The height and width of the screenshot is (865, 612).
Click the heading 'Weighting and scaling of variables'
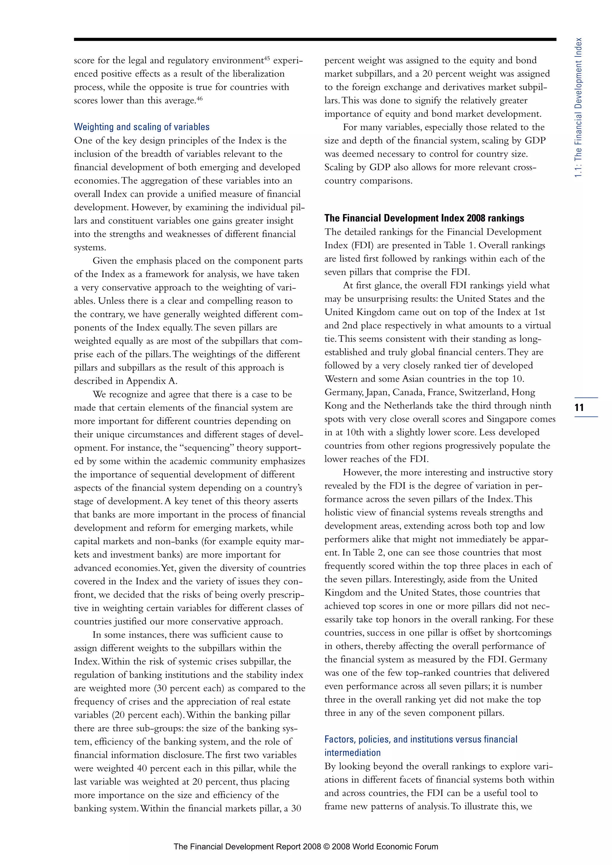[141, 127]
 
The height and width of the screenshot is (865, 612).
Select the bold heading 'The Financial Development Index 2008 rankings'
[424, 218]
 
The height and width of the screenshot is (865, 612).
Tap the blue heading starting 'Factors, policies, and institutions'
[420, 739]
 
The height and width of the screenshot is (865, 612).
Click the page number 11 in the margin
[579, 407]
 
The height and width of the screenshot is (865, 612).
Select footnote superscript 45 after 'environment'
[267, 59]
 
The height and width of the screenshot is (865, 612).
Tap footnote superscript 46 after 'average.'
[199, 98]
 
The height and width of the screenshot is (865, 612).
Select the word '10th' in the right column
[355, 432]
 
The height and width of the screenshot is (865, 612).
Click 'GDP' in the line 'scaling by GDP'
[535, 140]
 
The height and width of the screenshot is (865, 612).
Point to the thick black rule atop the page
[315, 39]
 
